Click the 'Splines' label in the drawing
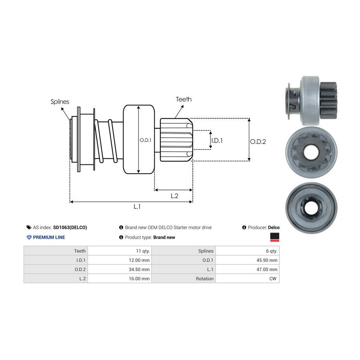point(60,102)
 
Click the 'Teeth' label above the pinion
point(184,99)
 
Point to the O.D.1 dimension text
point(144,140)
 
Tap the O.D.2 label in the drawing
point(258,141)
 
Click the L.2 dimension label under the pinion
point(174,196)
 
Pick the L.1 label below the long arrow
point(137,207)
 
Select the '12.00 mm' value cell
point(140,260)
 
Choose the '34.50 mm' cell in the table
point(140,269)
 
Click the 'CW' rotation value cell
point(273,278)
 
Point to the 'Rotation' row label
point(205,278)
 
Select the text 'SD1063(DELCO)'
point(70,227)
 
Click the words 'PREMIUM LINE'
point(49,237)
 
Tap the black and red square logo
point(274,238)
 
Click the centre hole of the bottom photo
point(310,207)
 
